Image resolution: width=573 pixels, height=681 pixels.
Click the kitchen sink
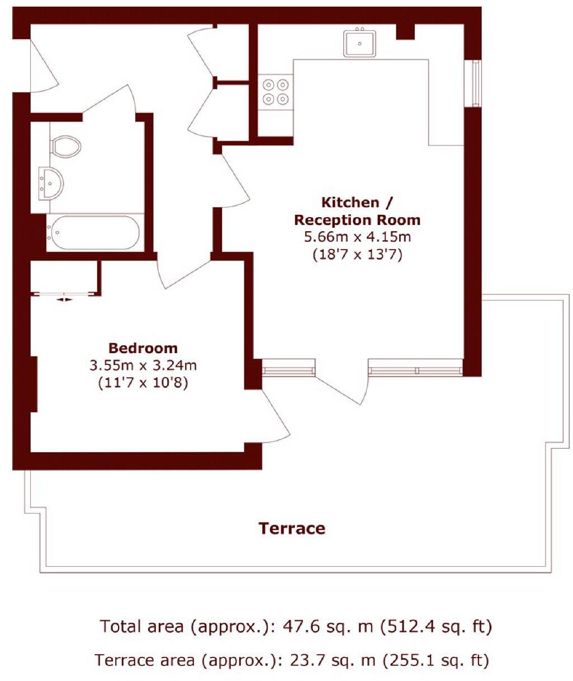click(x=359, y=43)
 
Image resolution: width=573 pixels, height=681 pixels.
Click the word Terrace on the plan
click(x=292, y=528)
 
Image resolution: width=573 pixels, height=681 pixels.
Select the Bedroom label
click(x=143, y=348)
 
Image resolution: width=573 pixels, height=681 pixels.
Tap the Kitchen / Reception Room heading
click(x=357, y=211)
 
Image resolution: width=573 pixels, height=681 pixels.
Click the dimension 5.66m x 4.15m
click(x=357, y=237)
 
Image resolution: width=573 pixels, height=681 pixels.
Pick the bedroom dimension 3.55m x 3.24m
click(x=143, y=366)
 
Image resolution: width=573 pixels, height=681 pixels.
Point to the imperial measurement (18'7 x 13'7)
click(x=357, y=255)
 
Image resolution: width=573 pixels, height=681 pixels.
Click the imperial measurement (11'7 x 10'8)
click(x=143, y=384)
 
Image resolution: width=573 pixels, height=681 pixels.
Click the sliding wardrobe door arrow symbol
click(x=65, y=299)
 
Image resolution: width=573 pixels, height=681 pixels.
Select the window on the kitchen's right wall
click(x=476, y=83)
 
